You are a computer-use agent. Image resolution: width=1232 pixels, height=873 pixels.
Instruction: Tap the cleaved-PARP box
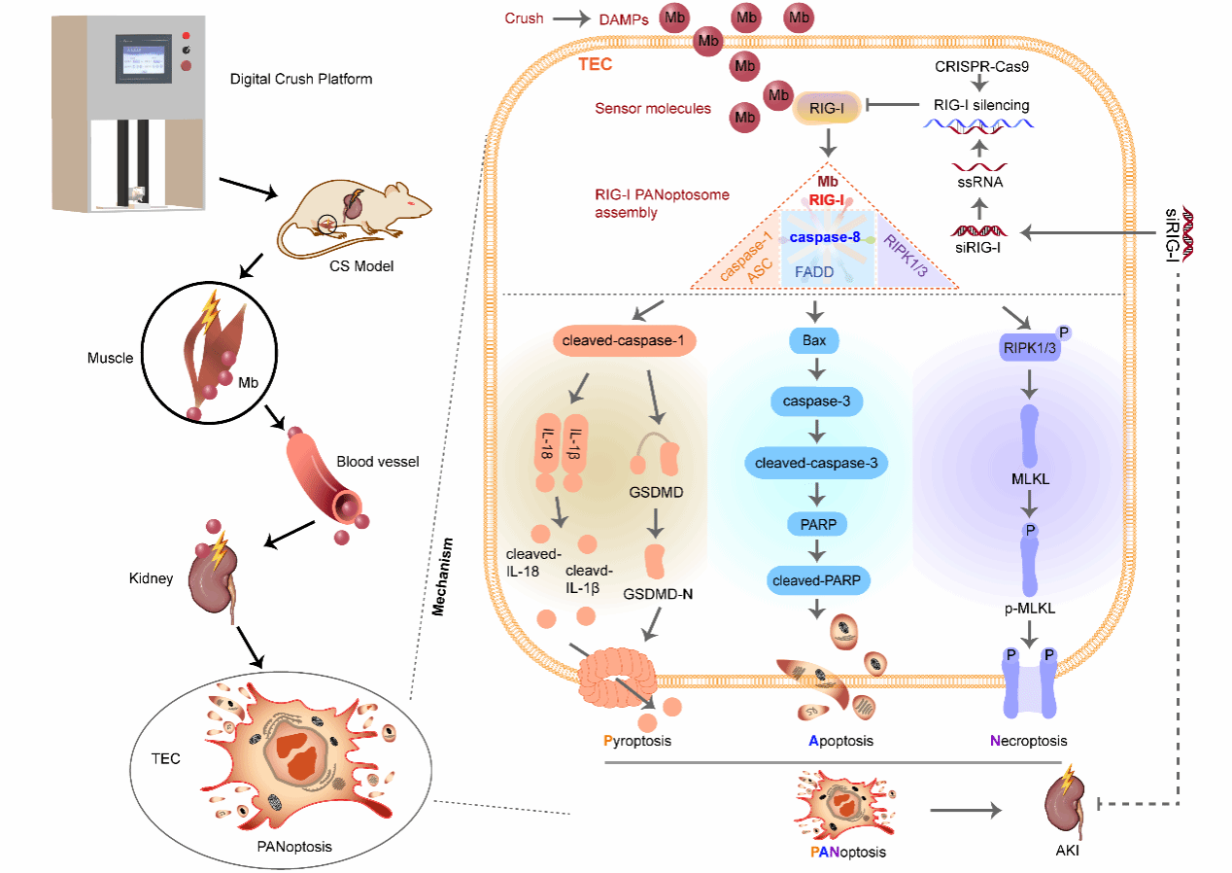817,580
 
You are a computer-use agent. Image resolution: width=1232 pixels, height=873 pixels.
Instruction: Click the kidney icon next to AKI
1066,806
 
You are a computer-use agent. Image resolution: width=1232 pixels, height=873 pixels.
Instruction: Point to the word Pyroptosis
637,741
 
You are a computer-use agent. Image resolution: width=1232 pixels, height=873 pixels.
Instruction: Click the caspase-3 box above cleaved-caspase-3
817,401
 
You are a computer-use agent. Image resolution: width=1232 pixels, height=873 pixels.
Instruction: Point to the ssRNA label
980,182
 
